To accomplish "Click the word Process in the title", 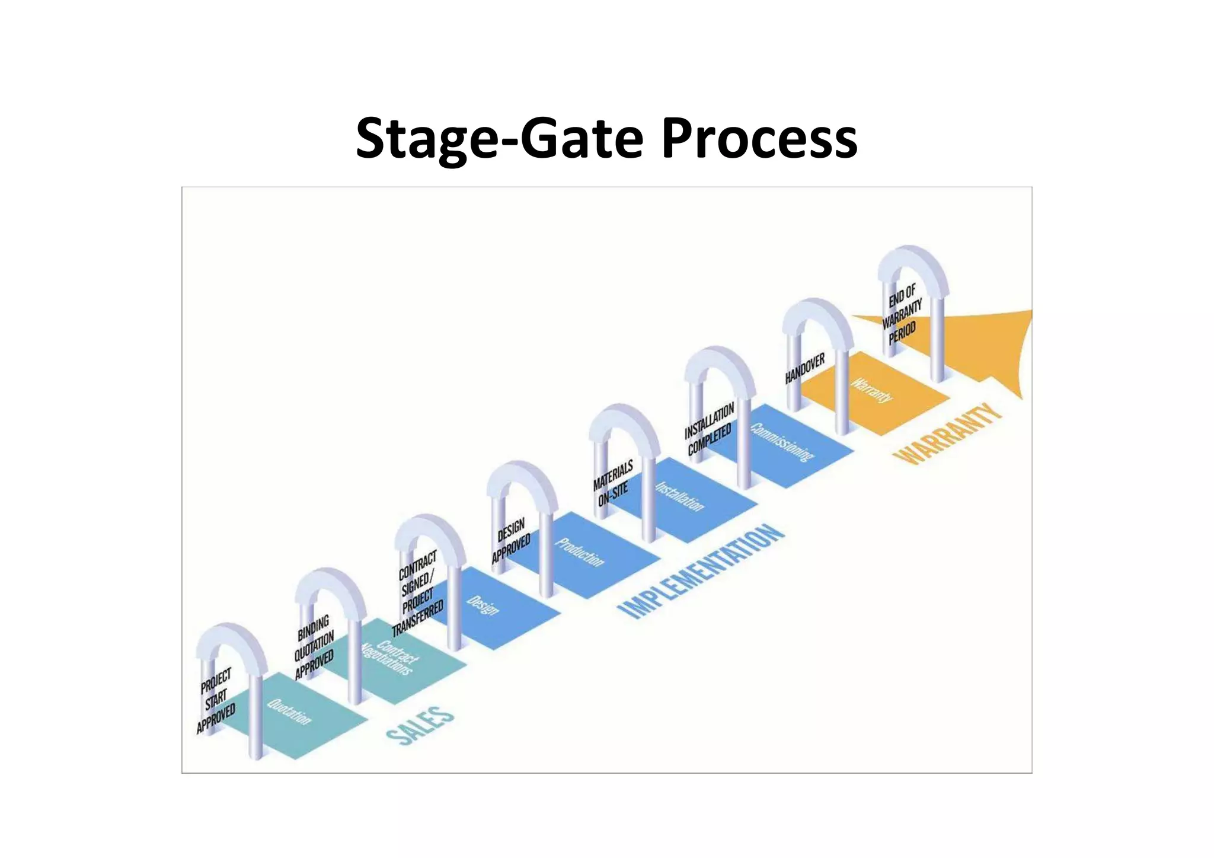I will point(759,139).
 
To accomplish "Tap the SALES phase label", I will point(420,724).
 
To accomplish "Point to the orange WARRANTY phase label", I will point(947,433).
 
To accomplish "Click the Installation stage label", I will point(679,496).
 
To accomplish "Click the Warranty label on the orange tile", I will point(871,390).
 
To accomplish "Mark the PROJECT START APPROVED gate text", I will point(216,700).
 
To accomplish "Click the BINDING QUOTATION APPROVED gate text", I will point(314,648).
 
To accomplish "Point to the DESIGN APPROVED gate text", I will point(511,540).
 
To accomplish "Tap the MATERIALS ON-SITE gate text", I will point(613,483).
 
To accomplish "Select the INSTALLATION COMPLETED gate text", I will point(709,428).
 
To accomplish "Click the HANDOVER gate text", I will point(804,369).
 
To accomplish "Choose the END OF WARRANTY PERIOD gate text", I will point(902,314).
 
